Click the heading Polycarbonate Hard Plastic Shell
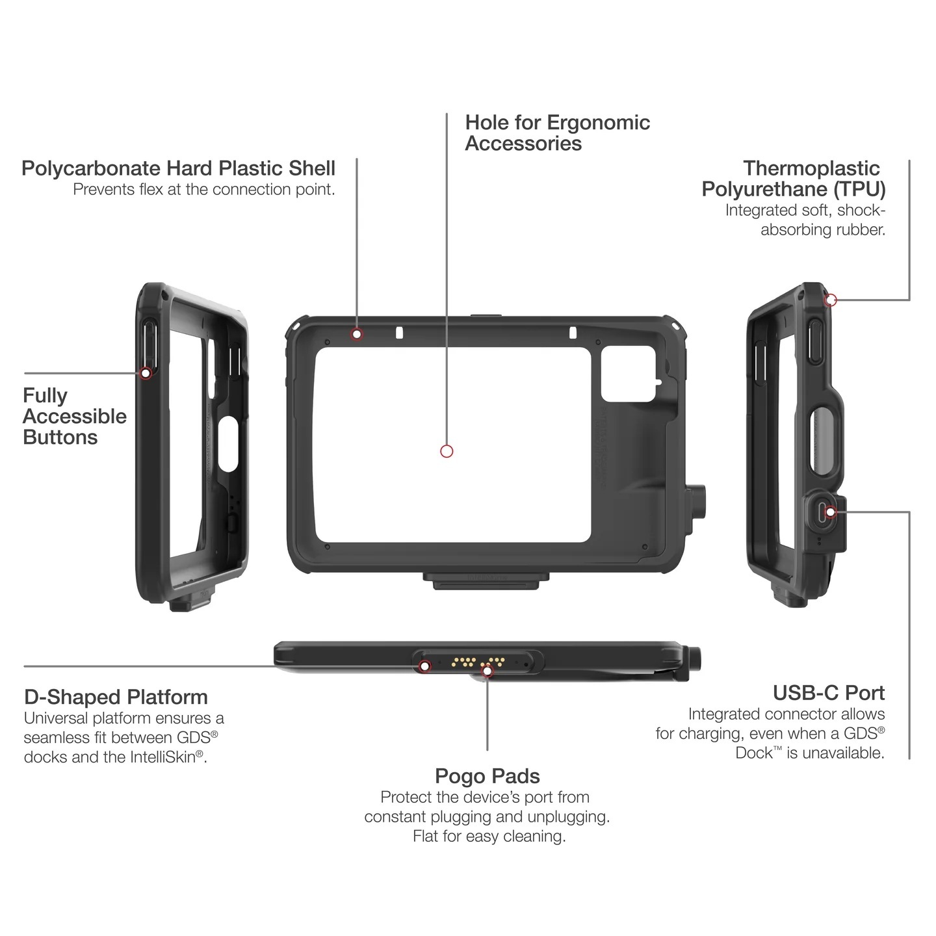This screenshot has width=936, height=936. tap(178, 168)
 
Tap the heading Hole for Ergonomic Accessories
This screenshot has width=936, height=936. tap(557, 133)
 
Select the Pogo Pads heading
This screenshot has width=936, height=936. tap(487, 776)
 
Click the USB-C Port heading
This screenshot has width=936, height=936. tap(829, 693)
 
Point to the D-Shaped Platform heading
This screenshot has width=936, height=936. tap(116, 697)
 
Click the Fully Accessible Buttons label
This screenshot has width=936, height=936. tap(74, 416)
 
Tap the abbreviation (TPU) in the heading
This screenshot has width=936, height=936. tap(859, 189)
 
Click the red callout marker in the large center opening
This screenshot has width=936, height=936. tap(447, 451)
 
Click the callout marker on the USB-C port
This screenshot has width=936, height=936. tap(831, 512)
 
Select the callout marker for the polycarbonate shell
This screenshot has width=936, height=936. tap(357, 334)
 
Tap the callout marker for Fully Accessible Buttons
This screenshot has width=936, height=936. tap(146, 373)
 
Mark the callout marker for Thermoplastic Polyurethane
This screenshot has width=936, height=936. tap(831, 300)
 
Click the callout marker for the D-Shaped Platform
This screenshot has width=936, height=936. tap(425, 666)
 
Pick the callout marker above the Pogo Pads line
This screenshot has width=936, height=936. tap(487, 671)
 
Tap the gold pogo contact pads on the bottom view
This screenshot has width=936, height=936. tap(478, 662)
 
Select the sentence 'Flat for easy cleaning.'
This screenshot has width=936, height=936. tap(489, 836)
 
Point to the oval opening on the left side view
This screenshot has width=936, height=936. tap(227, 445)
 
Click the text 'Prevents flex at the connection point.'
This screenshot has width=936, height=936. tap(204, 189)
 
